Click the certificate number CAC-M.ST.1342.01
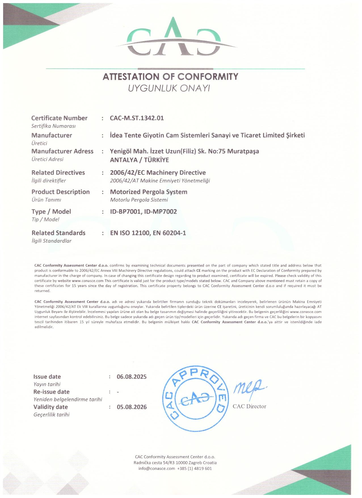point(137,118)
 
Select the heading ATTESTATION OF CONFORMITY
point(170,77)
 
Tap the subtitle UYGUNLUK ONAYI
point(169,89)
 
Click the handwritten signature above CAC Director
point(249,388)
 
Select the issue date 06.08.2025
point(132,377)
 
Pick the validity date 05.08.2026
point(132,407)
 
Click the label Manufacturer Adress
point(62,151)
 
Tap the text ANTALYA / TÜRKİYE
point(139,160)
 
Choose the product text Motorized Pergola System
point(149,192)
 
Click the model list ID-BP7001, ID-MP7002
point(144,211)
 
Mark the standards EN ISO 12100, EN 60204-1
point(148,233)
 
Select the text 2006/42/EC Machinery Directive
point(158,173)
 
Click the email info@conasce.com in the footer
point(157,468)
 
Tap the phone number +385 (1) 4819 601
point(194,468)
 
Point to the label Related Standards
point(58,233)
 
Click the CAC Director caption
point(249,406)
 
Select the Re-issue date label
point(51,392)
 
